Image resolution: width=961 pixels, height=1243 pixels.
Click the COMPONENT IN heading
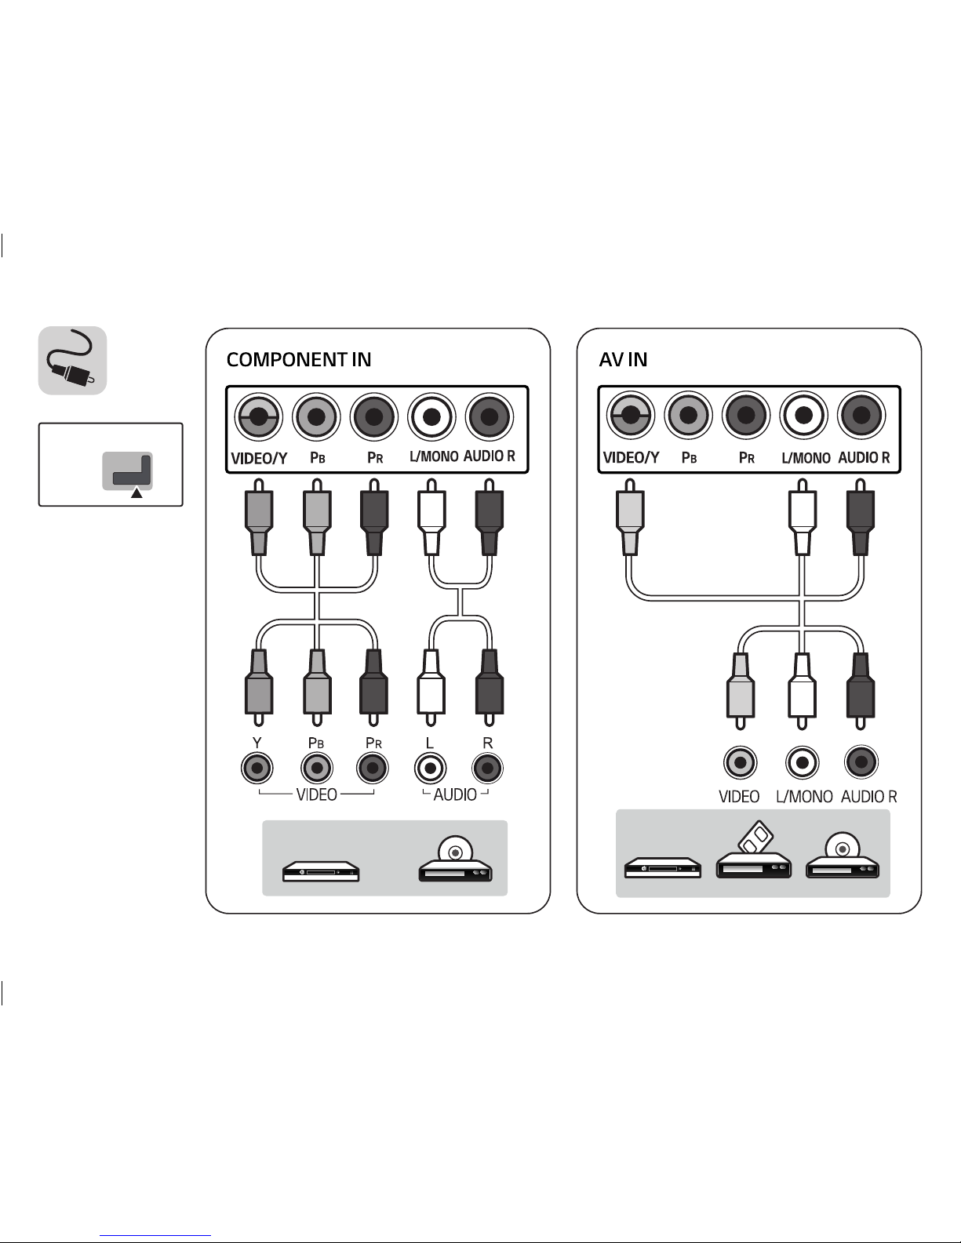299,360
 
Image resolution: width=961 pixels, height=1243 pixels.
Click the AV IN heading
623,360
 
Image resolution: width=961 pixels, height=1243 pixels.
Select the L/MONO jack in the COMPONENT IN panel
431,416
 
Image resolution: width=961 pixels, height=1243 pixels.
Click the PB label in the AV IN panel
689,457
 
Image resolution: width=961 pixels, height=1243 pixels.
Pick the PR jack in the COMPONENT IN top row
373,416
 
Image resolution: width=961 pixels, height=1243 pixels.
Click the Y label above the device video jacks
257,742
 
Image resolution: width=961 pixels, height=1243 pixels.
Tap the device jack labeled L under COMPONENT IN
430,768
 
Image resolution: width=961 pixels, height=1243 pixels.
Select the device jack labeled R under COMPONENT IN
487,768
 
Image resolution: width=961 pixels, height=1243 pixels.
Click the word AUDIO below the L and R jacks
455,795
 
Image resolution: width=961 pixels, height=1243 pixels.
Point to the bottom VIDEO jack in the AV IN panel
739,761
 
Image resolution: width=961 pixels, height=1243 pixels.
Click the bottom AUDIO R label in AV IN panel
868,797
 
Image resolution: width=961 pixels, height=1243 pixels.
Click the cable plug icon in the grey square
72,361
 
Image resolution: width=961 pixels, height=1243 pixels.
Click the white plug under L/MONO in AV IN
802,522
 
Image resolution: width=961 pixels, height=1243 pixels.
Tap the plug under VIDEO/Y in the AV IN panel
630,522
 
